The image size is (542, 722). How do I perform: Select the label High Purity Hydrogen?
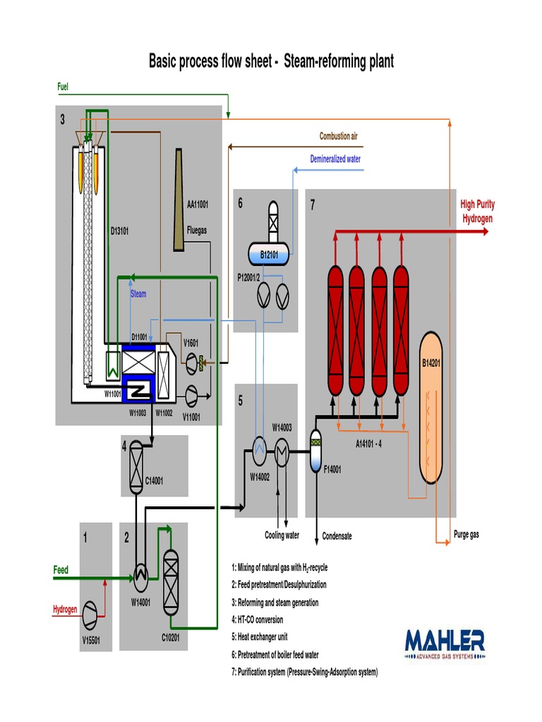[478, 211]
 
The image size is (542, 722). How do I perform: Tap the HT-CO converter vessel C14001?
[135, 466]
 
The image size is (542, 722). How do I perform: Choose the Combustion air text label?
[343, 135]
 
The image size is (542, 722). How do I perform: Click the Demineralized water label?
[335, 159]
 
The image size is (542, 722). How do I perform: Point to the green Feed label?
[61, 570]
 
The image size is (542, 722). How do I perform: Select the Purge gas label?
[466, 534]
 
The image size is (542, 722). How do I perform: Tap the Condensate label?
[337, 536]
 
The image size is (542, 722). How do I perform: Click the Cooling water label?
[282, 535]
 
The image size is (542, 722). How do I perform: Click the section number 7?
[313, 204]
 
